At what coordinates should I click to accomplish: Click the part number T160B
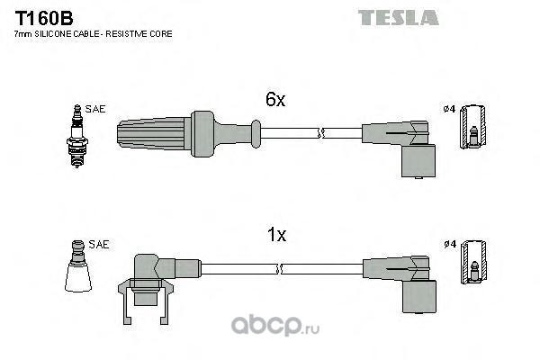click(x=44, y=18)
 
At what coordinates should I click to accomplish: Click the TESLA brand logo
click(x=399, y=18)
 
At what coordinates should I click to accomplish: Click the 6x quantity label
click(x=275, y=100)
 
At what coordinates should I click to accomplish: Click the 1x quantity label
click(x=276, y=235)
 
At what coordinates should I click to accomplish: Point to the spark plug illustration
click(x=77, y=136)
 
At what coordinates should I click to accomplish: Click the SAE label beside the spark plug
click(x=95, y=109)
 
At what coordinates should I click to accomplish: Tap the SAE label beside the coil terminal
click(x=99, y=244)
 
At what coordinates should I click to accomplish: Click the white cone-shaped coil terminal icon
click(x=78, y=266)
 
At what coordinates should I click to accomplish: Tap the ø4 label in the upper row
click(x=449, y=109)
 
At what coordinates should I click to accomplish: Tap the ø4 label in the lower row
click(x=450, y=244)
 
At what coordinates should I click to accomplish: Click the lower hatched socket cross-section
click(x=474, y=262)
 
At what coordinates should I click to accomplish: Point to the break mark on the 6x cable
click(x=321, y=133)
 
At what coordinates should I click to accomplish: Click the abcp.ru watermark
click(x=275, y=325)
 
